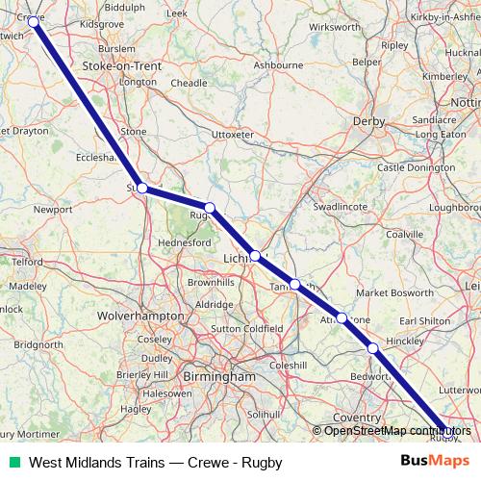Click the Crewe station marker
coord(34,20)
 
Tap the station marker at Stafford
coord(141,189)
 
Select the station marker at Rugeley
coord(209,208)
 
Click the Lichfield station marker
coord(255,256)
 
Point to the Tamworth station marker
coord(295,284)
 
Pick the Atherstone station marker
coord(342,317)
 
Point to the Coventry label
coord(357,418)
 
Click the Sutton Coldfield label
coord(246,328)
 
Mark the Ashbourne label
coord(278,64)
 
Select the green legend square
coord(13,462)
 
